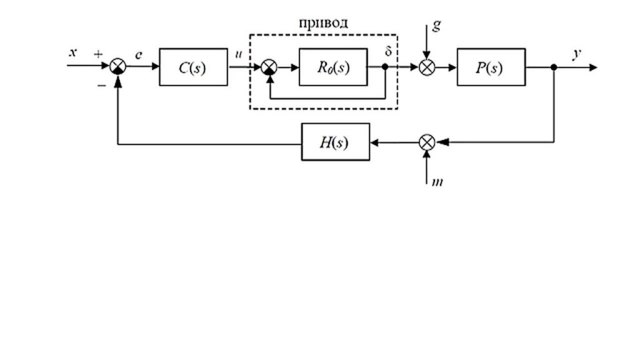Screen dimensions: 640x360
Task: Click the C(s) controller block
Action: (194, 67)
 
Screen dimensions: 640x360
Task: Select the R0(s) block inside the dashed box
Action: (333, 67)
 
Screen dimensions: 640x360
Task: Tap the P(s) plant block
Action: (491, 67)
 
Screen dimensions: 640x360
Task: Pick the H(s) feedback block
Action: (336, 142)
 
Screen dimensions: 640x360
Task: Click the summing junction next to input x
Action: (118, 66)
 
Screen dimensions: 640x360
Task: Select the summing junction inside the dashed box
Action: (269, 67)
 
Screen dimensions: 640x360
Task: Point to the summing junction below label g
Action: (427, 67)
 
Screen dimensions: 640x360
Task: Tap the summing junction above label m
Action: (427, 142)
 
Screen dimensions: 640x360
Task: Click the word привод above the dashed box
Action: (324, 22)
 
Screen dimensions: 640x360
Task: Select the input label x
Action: (73, 52)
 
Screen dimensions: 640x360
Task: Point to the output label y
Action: (577, 54)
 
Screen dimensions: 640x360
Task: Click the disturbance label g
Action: (437, 26)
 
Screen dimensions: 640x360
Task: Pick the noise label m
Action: (437, 182)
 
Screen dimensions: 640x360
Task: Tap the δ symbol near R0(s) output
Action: (388, 51)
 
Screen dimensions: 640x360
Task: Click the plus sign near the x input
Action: (98, 54)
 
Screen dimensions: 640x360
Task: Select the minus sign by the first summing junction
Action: (102, 86)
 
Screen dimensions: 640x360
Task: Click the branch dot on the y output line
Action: (554, 67)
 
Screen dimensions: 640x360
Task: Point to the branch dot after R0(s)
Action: (385, 67)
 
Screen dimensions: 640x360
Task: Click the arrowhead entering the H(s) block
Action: (374, 142)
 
